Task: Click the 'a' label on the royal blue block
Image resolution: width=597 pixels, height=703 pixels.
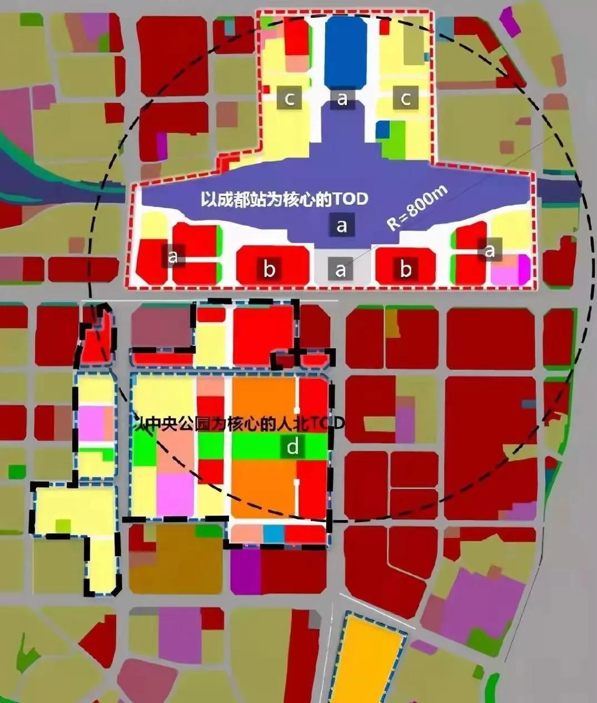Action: (342, 99)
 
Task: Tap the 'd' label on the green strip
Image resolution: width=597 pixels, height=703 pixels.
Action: (292, 447)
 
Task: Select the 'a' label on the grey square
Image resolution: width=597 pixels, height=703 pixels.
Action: (341, 270)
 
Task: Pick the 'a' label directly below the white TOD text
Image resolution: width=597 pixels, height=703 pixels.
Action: (341, 225)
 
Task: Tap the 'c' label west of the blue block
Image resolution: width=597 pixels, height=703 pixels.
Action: (290, 99)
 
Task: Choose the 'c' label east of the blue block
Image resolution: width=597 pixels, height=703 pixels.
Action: (406, 99)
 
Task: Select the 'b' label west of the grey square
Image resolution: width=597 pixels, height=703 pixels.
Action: (269, 270)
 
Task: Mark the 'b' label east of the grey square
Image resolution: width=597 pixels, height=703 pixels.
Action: (406, 270)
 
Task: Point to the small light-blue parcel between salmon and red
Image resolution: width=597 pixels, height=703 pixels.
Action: (273, 534)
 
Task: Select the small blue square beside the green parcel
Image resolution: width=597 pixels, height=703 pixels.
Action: (382, 130)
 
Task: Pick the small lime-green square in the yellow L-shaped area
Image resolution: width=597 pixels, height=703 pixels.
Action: (63, 526)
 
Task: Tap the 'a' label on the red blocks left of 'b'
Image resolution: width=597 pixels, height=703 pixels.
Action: (173, 256)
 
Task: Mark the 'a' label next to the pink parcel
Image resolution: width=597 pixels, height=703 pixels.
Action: (490, 251)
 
